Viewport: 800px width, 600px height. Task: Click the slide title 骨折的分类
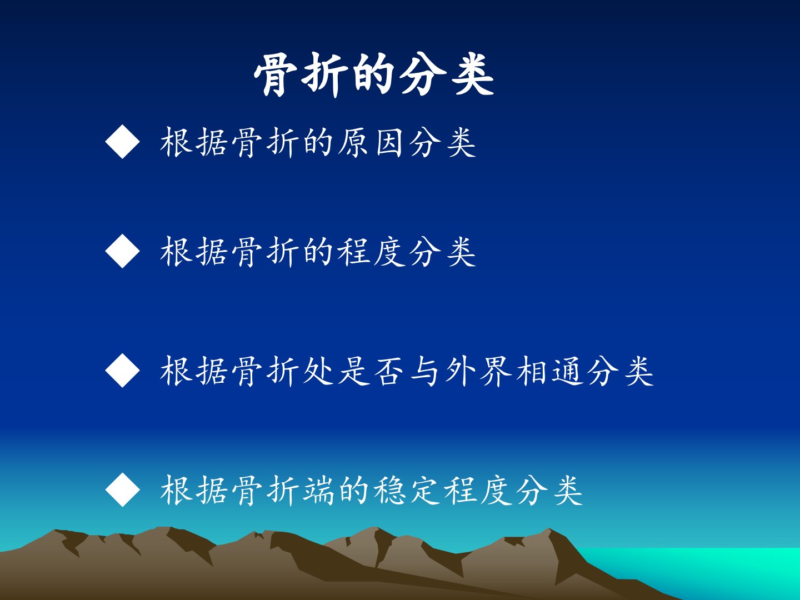[374, 74]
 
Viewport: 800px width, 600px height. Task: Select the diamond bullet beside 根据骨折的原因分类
[122, 142]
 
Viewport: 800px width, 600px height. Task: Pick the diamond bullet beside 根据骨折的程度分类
[122, 251]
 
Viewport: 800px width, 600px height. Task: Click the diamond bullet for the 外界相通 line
[122, 370]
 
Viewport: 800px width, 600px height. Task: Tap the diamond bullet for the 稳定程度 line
[122, 489]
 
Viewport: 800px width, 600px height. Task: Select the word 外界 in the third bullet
[478, 371]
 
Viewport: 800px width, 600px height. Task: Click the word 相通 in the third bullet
[549, 371]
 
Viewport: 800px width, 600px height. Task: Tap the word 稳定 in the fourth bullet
[407, 490]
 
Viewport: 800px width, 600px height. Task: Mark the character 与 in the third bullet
[424, 371]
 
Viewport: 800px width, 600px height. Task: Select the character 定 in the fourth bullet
[424, 490]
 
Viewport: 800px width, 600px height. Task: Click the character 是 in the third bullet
[353, 371]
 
